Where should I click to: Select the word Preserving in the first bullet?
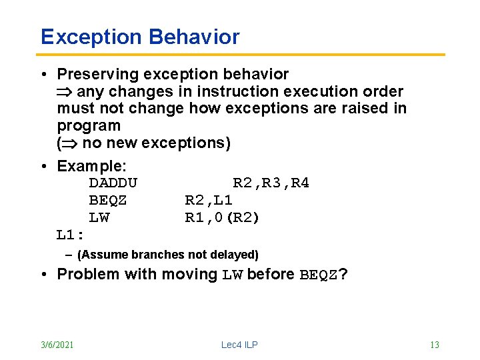pyautogui.click(x=97, y=74)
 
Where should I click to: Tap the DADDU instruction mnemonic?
pyautogui.click(x=113, y=183)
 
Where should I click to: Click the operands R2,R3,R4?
pyautogui.click(x=271, y=183)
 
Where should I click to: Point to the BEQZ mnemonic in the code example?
pyautogui.click(x=108, y=200)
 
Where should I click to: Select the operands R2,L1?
pyautogui.click(x=208, y=200)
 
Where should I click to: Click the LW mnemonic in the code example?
pyautogui.click(x=99, y=217)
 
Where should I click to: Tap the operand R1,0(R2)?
pyautogui.click(x=222, y=217)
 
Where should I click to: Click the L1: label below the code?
pyautogui.click(x=70, y=235)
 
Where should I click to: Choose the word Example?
pyautogui.click(x=91, y=165)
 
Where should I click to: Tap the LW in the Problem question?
pyautogui.click(x=233, y=274)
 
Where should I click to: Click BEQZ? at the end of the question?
pyautogui.click(x=323, y=274)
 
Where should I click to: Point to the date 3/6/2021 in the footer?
pyautogui.click(x=57, y=345)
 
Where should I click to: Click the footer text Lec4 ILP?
pyautogui.click(x=239, y=345)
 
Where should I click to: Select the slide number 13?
pyautogui.click(x=434, y=345)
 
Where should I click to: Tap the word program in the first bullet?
pyautogui.click(x=89, y=126)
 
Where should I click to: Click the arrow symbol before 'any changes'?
pyautogui.click(x=66, y=91)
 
